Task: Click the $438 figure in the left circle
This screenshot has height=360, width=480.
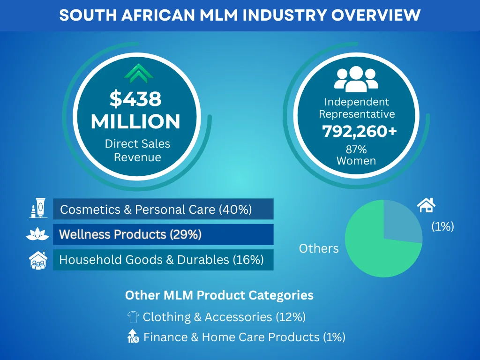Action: [x=135, y=99]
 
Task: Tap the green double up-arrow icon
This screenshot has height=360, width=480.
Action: [x=139, y=73]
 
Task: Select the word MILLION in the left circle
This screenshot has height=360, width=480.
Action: [x=135, y=122]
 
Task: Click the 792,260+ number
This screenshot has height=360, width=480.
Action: [x=359, y=132]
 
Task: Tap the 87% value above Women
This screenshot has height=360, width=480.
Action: [x=356, y=150]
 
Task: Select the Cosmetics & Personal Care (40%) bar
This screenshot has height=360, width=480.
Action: [x=163, y=209]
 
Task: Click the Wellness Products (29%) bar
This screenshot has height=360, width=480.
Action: [x=163, y=234]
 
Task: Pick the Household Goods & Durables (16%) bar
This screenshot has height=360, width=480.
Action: [x=163, y=259]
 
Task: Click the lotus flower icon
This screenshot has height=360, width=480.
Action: [x=37, y=234]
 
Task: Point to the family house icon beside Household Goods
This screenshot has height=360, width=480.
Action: [x=37, y=260]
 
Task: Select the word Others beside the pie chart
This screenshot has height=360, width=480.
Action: [x=319, y=248]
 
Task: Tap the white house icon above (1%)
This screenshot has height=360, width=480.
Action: [x=426, y=205]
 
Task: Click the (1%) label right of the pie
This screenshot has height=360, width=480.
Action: [x=443, y=227]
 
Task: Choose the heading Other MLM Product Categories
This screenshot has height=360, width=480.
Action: [x=219, y=295]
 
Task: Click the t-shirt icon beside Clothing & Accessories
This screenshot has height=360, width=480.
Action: [x=133, y=317]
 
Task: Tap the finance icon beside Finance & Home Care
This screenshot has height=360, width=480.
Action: [x=134, y=337]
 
